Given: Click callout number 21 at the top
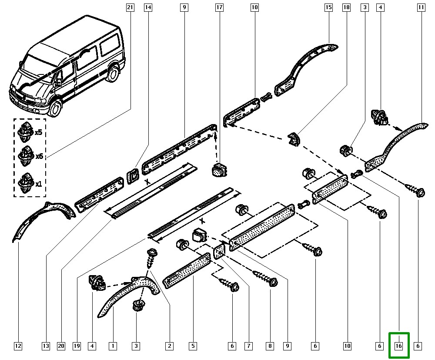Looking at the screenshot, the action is click(130, 7).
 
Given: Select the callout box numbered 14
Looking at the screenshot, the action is click(148, 7).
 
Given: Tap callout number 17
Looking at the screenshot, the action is click(219, 7).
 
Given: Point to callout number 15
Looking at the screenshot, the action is click(328, 7).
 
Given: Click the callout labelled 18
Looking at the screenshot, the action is click(347, 7).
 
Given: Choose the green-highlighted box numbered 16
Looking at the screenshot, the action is click(399, 346).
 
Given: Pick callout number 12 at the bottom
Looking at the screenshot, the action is click(18, 346).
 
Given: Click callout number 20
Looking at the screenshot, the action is click(61, 346).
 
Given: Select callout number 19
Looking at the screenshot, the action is click(77, 346).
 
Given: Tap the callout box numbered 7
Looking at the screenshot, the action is click(248, 346).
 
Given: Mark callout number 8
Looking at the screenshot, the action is click(270, 346).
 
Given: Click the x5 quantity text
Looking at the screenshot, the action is click(39, 132).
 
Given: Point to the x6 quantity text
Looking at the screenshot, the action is click(39, 156).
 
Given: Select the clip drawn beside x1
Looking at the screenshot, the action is click(26, 183).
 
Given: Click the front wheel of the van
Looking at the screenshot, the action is click(55, 108).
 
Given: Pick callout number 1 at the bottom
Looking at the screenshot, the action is click(113, 346).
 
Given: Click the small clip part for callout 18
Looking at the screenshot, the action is click(294, 139).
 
